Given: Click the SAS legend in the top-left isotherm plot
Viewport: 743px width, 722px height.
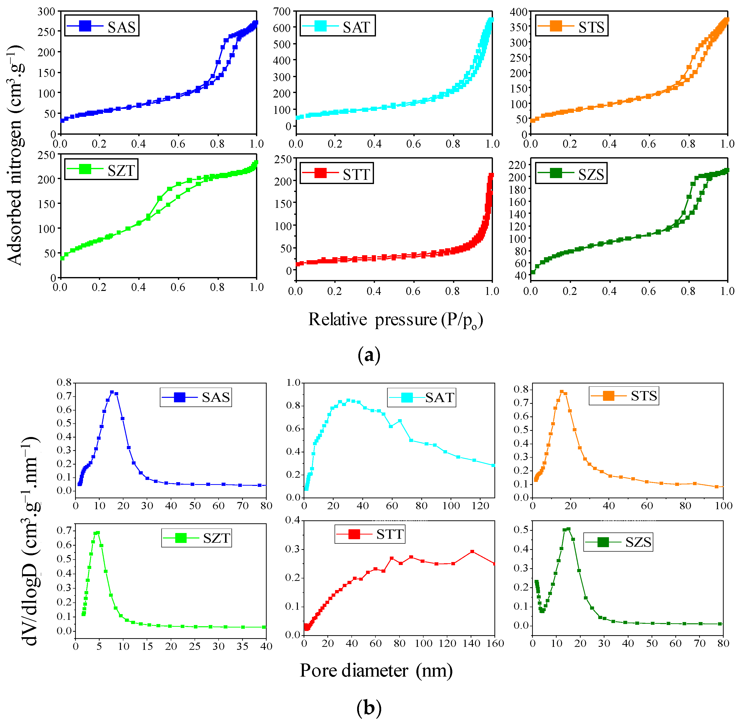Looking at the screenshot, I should pos(102,26).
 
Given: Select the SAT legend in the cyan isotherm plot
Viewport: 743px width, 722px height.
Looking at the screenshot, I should pos(337,26).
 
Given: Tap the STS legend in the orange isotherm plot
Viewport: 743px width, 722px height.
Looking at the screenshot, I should pos(572,26).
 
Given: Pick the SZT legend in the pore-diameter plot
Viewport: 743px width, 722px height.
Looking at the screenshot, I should pos(196,538).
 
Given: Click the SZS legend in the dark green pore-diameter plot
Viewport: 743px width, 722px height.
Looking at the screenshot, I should pos(618,542).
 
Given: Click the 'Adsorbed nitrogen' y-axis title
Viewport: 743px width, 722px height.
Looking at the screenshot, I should pos(15,156).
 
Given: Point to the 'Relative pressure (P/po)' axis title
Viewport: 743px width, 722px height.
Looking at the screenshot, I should pos(395,319).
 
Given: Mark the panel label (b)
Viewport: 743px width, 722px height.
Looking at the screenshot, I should pos(369,708).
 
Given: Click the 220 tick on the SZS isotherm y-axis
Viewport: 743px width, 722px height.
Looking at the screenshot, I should pos(517,165).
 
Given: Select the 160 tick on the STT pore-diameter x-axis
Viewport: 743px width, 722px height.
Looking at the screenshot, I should pos(495,643).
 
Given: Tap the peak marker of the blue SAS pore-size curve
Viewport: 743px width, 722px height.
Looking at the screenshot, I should pos(112,392).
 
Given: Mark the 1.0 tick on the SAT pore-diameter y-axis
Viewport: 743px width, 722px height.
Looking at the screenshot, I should pos(293,383).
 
